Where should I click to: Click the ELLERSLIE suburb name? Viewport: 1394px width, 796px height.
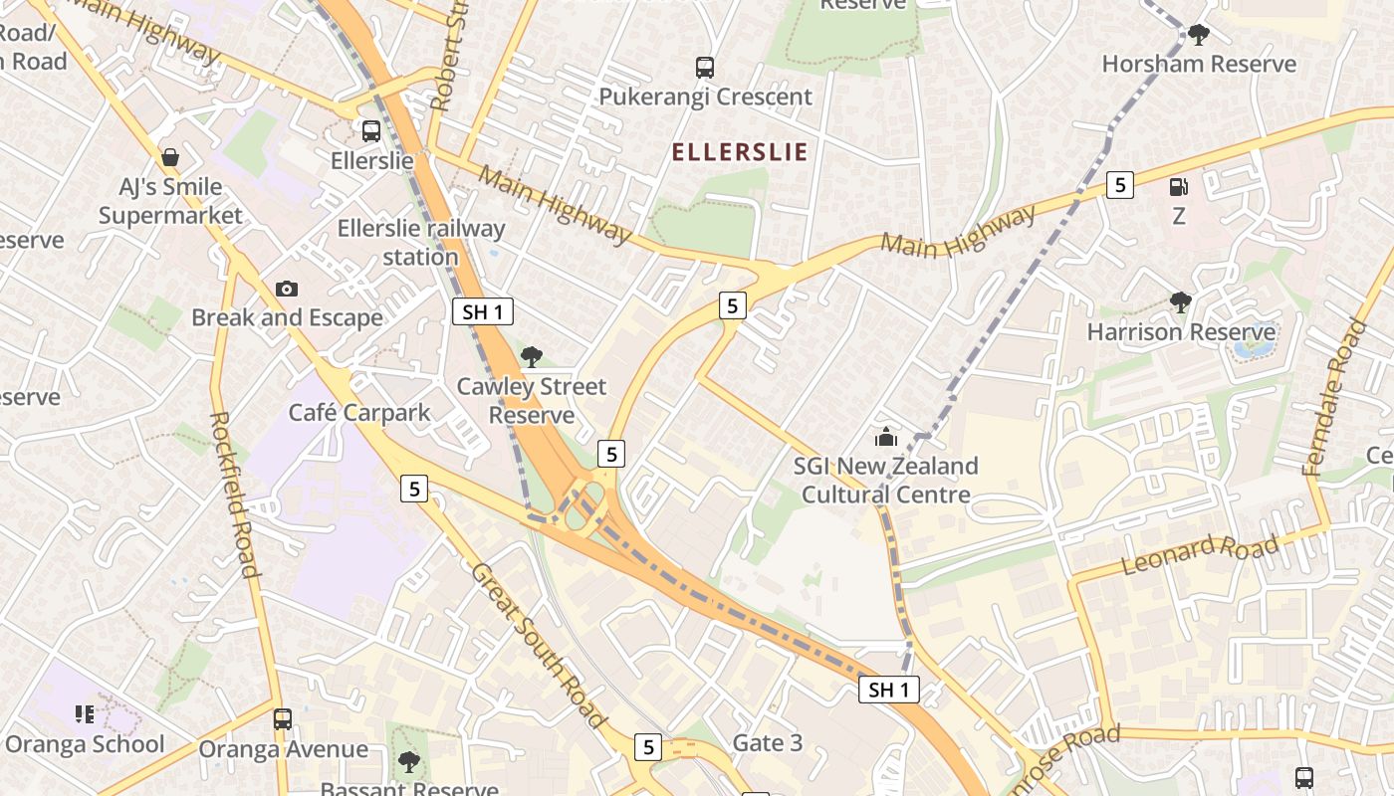[x=739, y=152]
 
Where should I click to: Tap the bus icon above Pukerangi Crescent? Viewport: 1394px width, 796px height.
[x=705, y=68]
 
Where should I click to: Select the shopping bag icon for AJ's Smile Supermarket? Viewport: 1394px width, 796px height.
[x=170, y=157]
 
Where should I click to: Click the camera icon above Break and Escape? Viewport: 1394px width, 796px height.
[x=287, y=289]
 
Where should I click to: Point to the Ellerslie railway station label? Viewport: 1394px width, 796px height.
[x=421, y=242]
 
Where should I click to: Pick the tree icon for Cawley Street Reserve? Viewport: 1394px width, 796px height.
[x=532, y=356]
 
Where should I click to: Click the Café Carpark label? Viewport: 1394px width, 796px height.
[x=359, y=412]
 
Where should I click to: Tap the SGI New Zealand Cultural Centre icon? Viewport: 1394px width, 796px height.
[x=885, y=437]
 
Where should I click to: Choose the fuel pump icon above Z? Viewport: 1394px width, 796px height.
[x=1179, y=186]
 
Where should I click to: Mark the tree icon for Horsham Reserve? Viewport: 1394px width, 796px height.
[x=1199, y=35]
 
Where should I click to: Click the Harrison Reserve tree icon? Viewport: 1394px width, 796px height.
[x=1181, y=301]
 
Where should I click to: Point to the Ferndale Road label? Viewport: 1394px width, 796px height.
[x=1334, y=396]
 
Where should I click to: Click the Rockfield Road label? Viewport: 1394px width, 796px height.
[x=236, y=494]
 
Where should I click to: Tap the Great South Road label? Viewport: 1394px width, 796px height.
[x=538, y=644]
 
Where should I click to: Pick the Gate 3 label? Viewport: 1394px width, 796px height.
[x=767, y=742]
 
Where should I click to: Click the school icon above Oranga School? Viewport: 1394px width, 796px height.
[x=85, y=714]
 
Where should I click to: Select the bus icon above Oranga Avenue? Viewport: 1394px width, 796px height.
[x=283, y=718]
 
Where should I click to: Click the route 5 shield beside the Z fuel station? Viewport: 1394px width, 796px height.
[x=1120, y=184]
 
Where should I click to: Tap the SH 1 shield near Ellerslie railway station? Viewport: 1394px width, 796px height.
[x=483, y=311]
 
